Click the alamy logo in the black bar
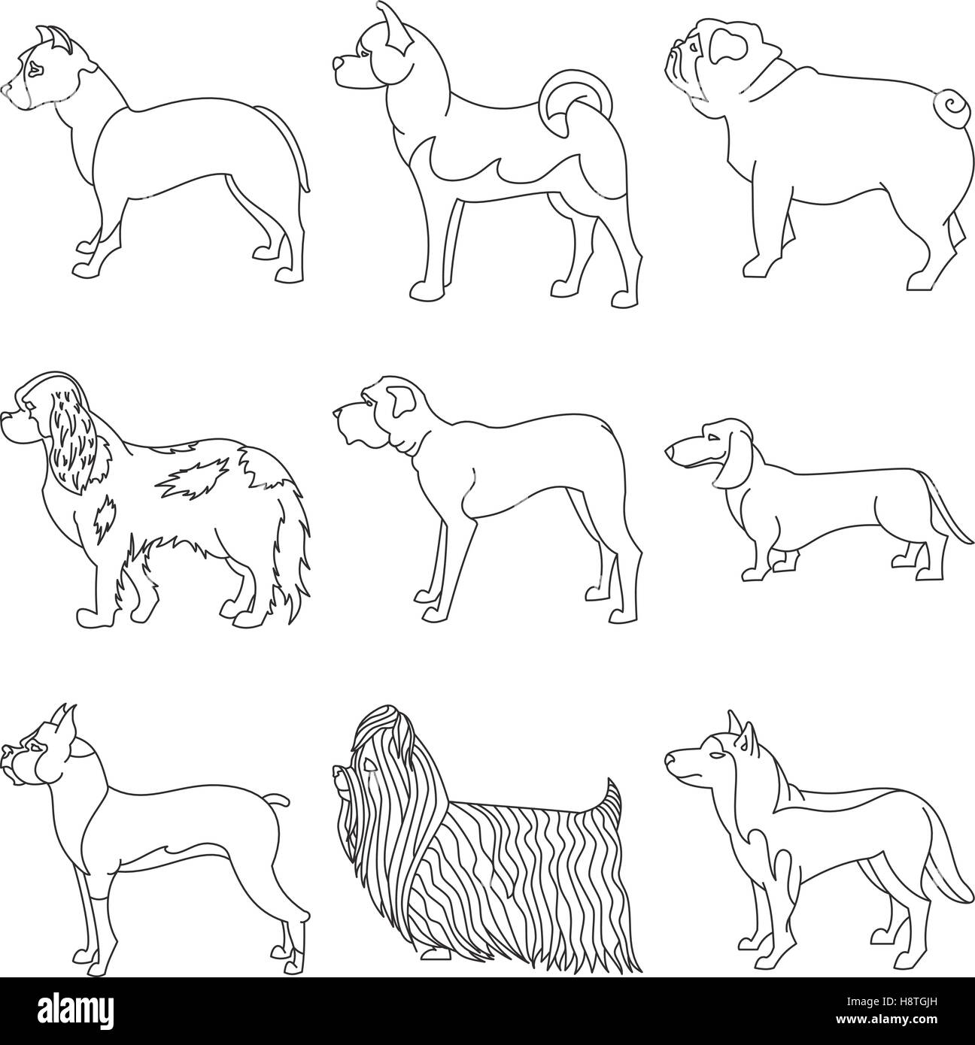point(77,1009)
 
